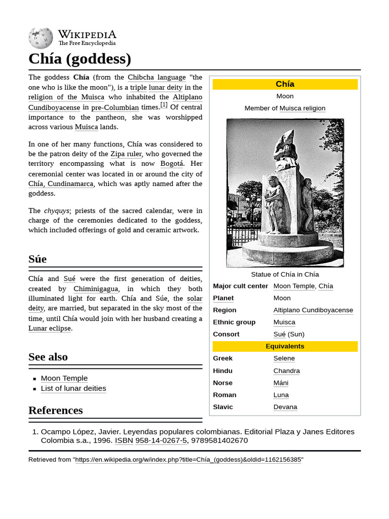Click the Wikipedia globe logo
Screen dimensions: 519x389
coord(41,38)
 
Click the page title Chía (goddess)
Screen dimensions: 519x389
coord(80,59)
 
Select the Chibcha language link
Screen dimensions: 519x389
coord(157,78)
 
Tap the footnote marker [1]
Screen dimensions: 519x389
coord(164,105)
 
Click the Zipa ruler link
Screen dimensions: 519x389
coord(126,154)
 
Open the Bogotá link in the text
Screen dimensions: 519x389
coord(172,164)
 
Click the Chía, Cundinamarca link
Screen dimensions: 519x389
coord(61,184)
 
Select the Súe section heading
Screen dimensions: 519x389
coord(37,259)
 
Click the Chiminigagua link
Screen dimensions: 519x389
coord(95,289)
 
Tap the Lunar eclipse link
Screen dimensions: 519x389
coord(50,328)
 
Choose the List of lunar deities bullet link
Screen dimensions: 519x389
coord(73,389)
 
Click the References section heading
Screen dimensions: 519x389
coord(56,410)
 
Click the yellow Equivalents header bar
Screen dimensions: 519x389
coord(285,346)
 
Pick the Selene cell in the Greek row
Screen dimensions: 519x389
coord(284,358)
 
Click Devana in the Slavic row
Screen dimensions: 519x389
coord(285,407)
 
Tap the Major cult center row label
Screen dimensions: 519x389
coord(240,286)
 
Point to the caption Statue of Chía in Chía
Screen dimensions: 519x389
coord(285,274)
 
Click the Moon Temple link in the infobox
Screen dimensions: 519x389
coord(294,286)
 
